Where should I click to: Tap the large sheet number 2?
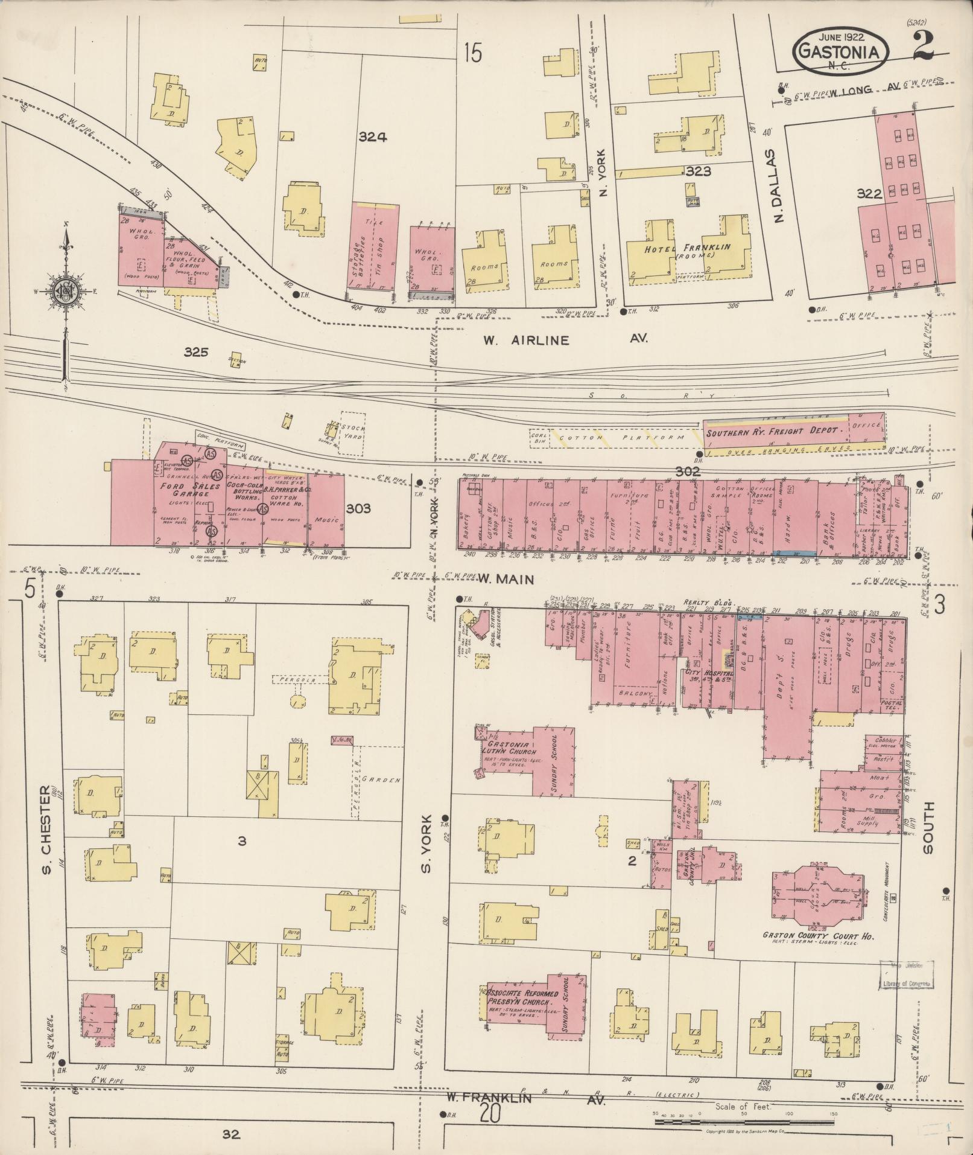(924, 45)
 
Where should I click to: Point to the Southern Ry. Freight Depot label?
(773, 430)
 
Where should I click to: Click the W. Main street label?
(506, 580)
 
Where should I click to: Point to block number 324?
(372, 137)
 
